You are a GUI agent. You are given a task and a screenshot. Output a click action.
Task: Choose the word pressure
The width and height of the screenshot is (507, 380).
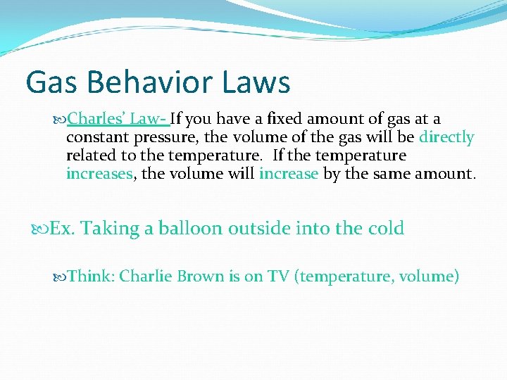[165, 137]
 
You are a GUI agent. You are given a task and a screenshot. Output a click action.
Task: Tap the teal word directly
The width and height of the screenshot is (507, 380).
[446, 137]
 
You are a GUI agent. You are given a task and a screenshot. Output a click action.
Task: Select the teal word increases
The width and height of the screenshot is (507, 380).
[99, 174]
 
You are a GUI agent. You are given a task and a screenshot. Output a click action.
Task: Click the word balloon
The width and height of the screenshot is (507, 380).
[190, 229]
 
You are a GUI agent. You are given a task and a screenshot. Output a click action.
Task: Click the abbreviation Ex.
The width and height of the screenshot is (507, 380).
[63, 229]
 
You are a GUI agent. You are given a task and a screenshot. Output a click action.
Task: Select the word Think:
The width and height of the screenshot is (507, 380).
[92, 276]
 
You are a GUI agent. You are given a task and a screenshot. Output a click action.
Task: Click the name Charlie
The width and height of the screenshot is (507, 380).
[146, 276]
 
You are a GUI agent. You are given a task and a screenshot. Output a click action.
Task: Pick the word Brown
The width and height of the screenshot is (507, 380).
[199, 276]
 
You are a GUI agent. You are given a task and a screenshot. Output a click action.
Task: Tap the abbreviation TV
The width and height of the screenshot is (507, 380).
[280, 276]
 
